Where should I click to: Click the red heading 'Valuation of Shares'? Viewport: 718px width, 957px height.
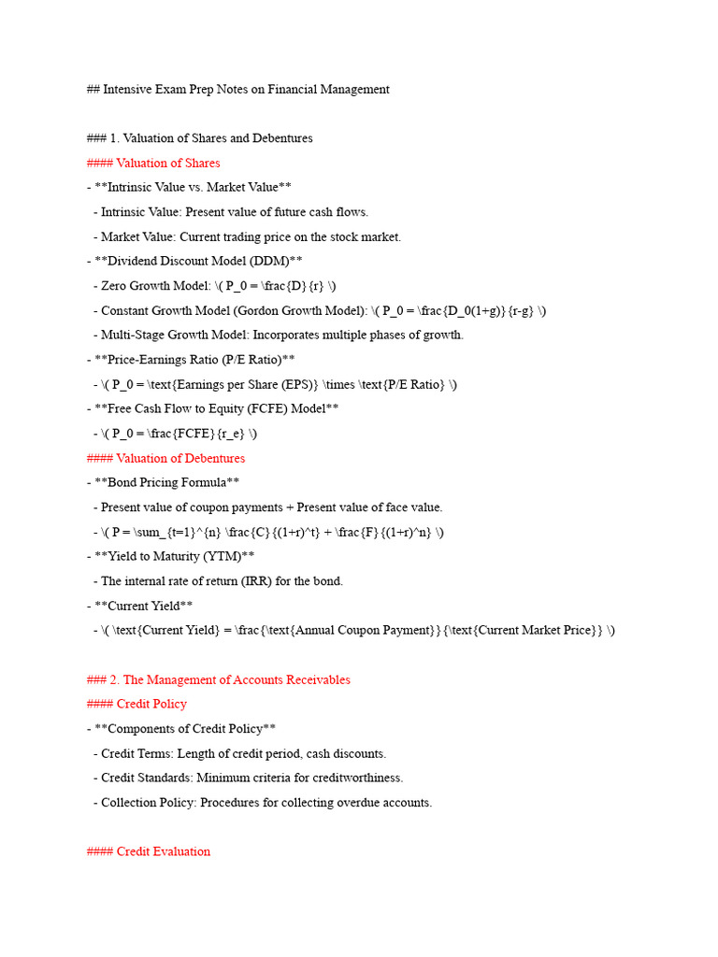click(x=168, y=163)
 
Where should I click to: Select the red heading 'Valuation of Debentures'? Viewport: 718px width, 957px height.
click(x=180, y=458)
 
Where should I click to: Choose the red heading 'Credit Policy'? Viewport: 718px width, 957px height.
click(x=151, y=704)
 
